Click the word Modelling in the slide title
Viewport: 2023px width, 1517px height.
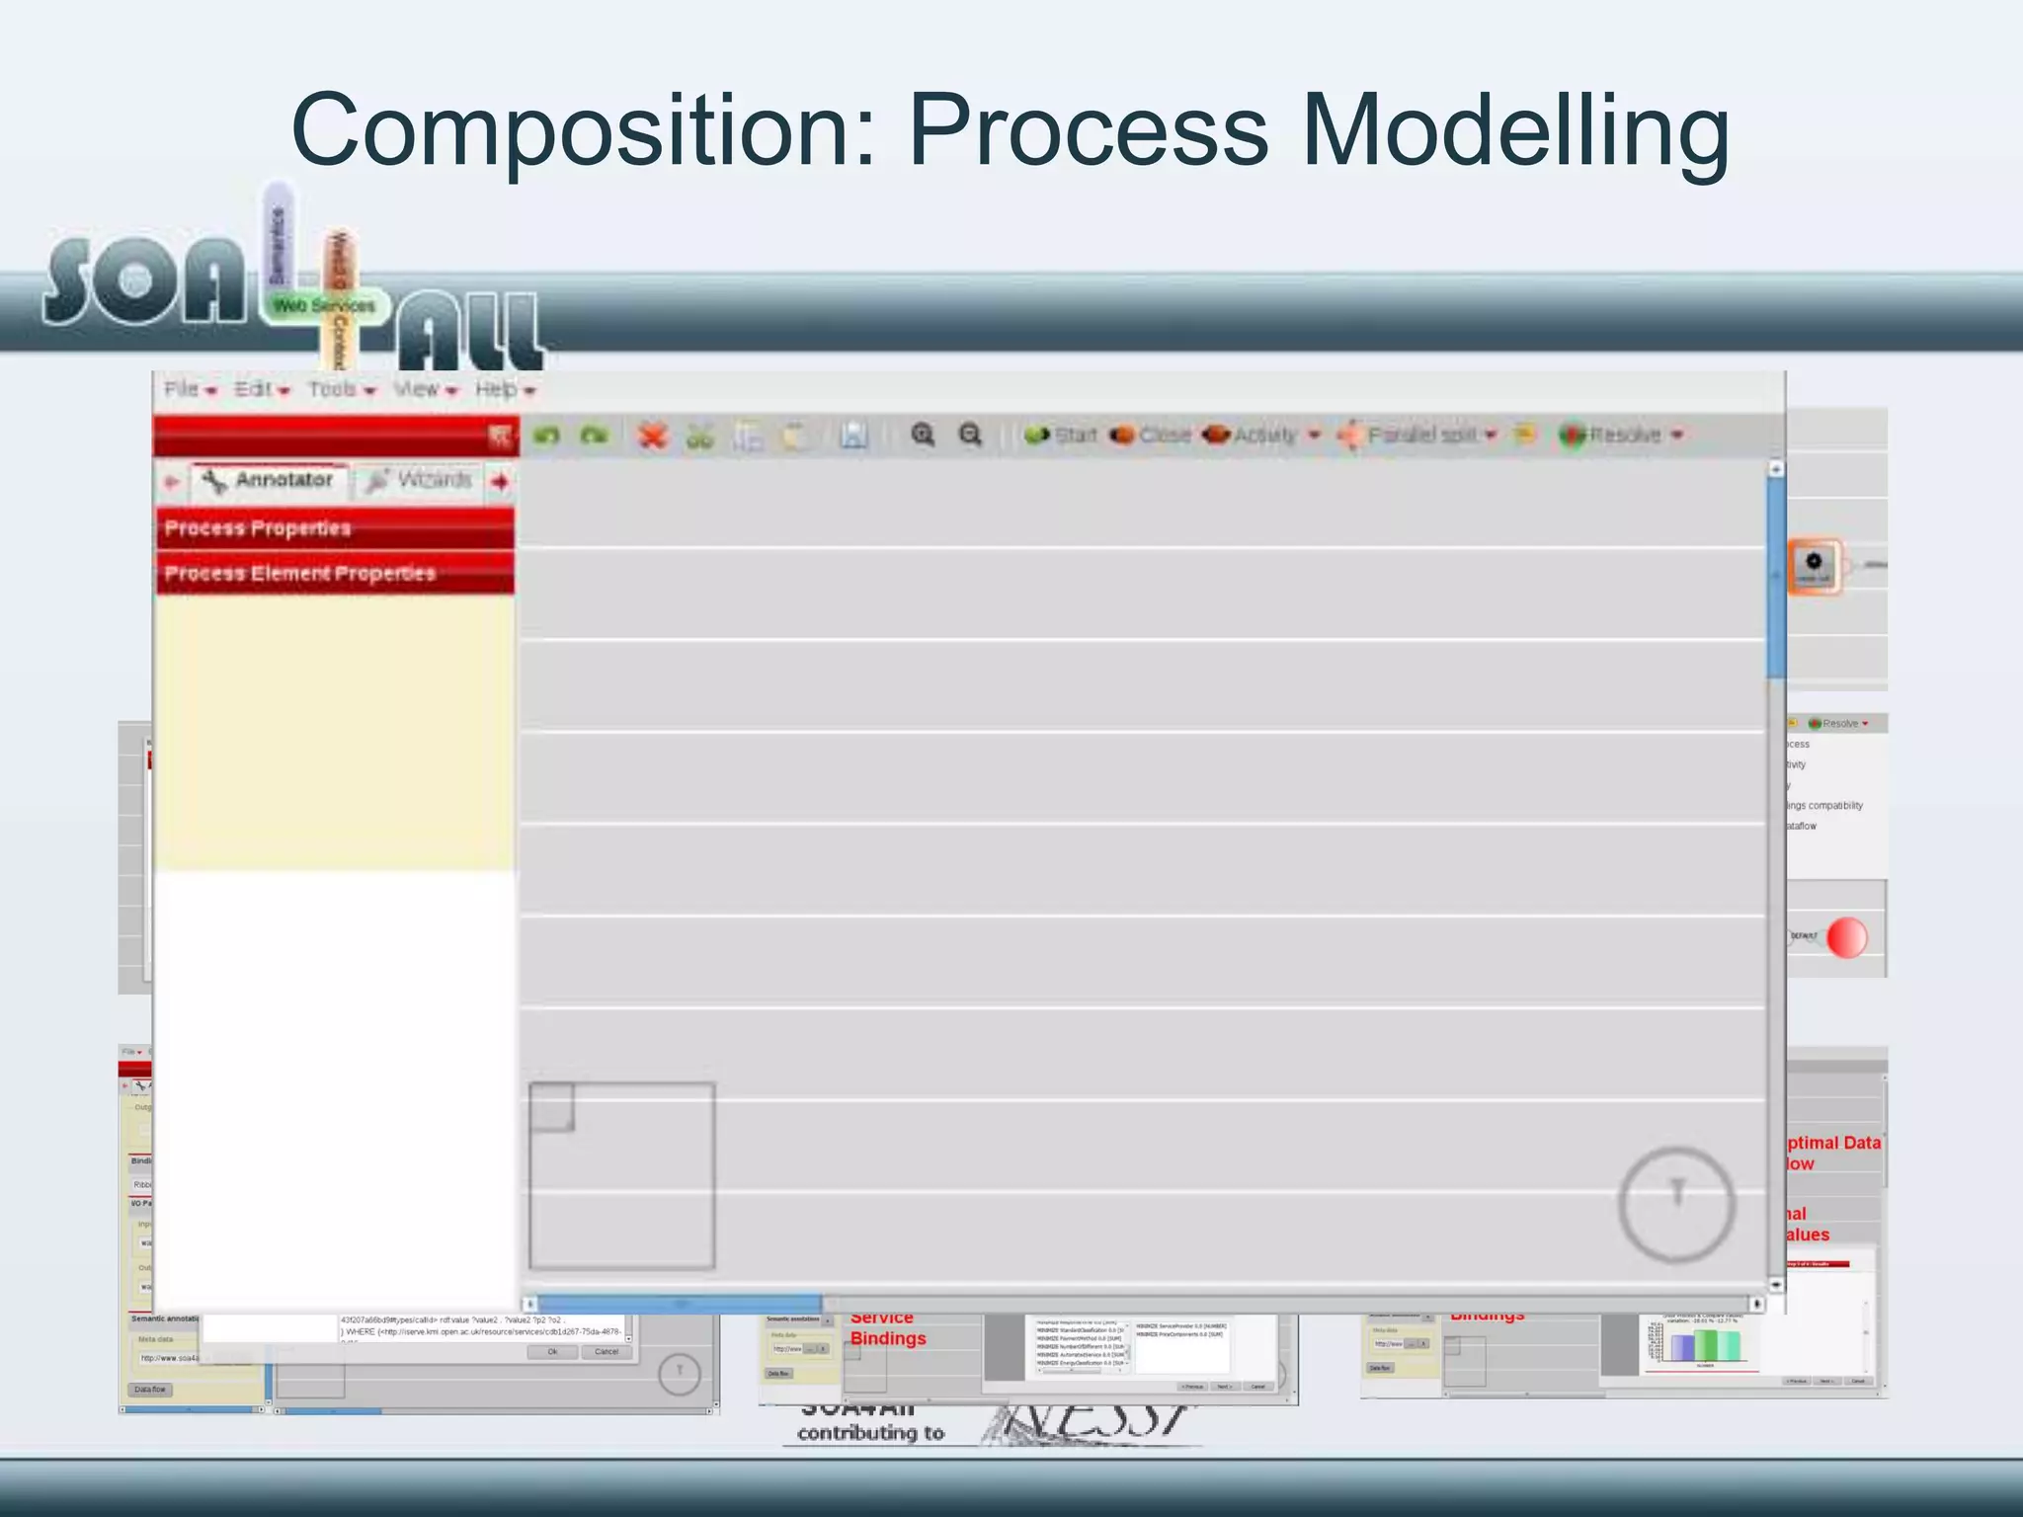click(x=1515, y=131)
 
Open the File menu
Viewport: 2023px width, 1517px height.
click(x=183, y=389)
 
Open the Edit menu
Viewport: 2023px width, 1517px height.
click(x=254, y=389)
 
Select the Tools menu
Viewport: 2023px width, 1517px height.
click(x=333, y=389)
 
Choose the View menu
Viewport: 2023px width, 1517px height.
click(x=417, y=389)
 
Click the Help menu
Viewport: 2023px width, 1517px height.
click(x=497, y=389)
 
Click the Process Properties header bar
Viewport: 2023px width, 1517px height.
click(x=334, y=528)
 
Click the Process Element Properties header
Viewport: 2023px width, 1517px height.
click(x=334, y=574)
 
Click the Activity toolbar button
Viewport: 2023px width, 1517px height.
click(x=1253, y=435)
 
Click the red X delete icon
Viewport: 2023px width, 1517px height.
click(x=652, y=436)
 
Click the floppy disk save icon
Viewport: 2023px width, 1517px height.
click(x=853, y=436)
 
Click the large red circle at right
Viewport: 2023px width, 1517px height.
click(x=1846, y=937)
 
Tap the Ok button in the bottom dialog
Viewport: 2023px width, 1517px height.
click(x=552, y=1351)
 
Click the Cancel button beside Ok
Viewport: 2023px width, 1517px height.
click(x=607, y=1351)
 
